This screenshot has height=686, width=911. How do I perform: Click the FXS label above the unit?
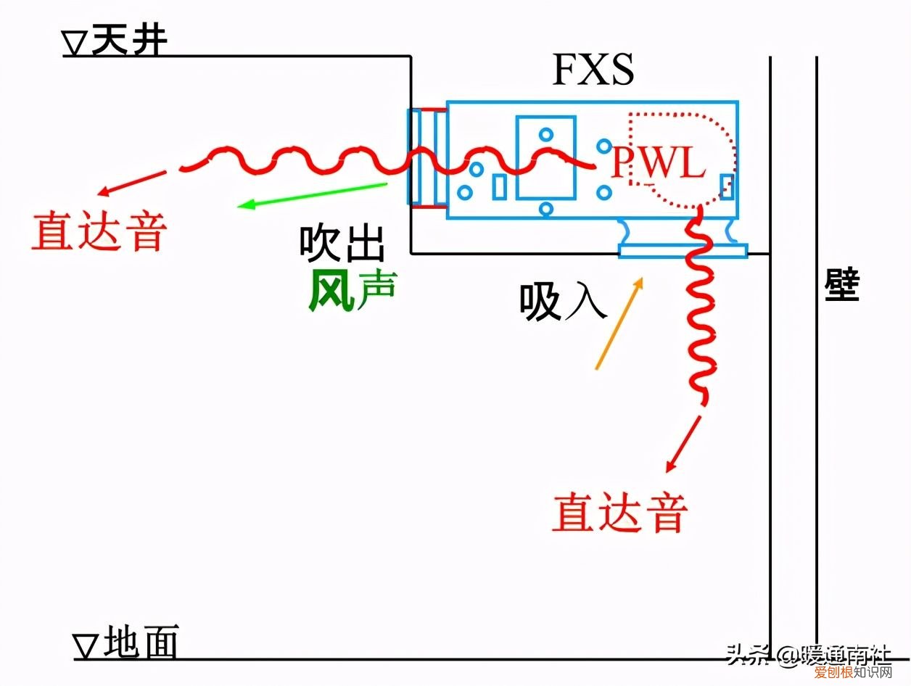593,70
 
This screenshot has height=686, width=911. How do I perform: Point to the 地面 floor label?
141,642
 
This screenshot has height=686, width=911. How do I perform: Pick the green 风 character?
331,291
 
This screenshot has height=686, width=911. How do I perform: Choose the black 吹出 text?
342,244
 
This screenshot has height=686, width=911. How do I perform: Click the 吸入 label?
562,301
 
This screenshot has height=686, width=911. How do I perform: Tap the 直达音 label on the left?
99,231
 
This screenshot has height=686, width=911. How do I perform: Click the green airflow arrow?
312,195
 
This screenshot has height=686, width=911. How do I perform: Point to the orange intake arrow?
619,323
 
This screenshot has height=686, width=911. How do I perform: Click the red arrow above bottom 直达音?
683,444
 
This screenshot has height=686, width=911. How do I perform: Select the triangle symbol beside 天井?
75,46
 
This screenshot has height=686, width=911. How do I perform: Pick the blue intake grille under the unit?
682,250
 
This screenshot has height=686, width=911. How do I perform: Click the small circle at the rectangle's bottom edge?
546,209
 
